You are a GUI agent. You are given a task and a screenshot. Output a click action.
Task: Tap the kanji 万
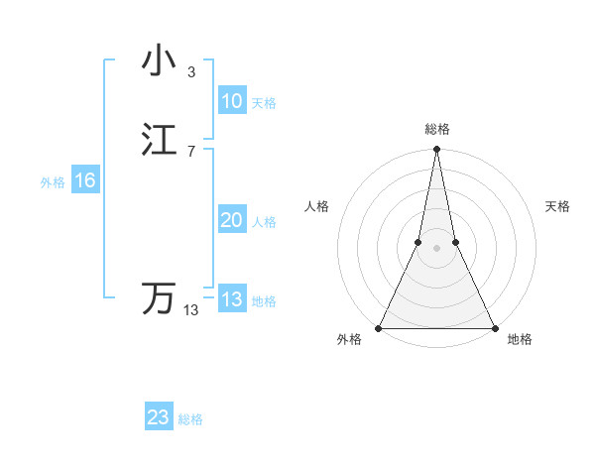pos(160,298)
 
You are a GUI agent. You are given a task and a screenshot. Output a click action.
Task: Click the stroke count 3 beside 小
pos(190,71)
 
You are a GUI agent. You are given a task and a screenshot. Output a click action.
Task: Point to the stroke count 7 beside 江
pos(190,151)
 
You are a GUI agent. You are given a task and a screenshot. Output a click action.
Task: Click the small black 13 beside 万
pos(191,310)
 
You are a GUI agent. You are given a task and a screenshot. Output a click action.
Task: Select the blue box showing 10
pos(231,101)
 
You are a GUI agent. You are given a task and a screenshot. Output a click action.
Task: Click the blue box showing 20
pos(231,221)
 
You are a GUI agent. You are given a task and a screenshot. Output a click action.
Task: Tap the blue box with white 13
pos(231,299)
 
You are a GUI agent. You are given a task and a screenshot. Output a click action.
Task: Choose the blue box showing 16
pos(85,180)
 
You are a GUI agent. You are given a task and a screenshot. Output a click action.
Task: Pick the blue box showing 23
pos(158,417)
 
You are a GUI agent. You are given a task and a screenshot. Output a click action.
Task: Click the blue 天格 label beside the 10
pos(264,103)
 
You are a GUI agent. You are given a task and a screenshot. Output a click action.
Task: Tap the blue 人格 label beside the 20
pos(264,222)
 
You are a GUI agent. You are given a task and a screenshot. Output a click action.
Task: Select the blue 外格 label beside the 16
pos(53,182)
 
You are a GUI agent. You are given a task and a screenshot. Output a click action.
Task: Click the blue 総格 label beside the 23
pos(190,419)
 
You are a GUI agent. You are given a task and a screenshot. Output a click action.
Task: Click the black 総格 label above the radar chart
pos(436,129)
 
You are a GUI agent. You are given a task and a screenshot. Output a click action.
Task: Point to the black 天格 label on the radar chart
pos(557,206)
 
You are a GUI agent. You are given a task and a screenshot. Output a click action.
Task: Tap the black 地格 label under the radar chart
pos(520,340)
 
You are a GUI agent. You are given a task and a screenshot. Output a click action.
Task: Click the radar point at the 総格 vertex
pos(436,150)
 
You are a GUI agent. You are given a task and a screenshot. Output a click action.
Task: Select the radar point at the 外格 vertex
pos(379,328)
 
